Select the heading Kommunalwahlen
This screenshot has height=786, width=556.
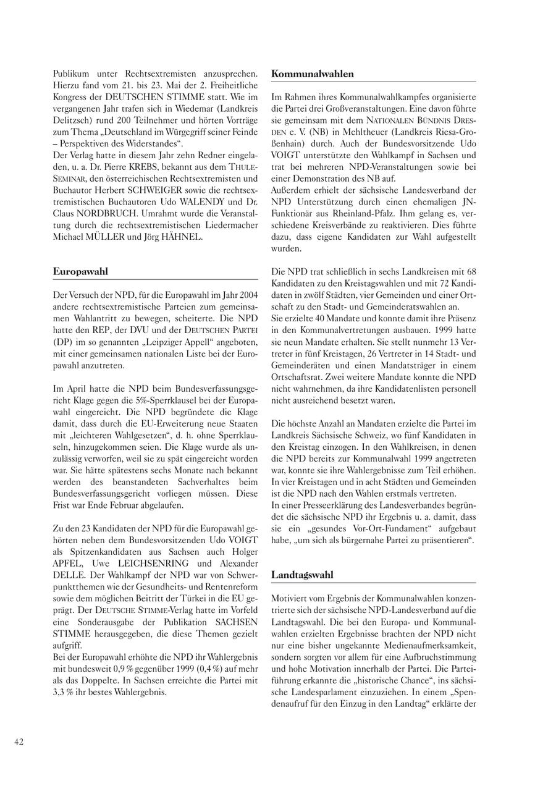click(x=313, y=74)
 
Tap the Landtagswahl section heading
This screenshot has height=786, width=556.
click(x=302, y=575)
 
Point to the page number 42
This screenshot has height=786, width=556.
click(x=19, y=742)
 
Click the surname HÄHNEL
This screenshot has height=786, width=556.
click(x=182, y=237)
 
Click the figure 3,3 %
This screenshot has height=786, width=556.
click(x=64, y=691)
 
